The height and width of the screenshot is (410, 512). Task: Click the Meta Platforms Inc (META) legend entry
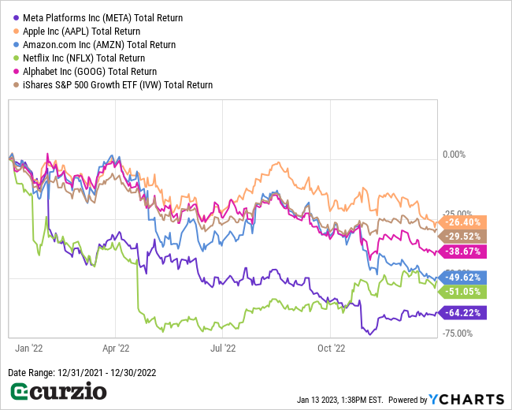click(98, 17)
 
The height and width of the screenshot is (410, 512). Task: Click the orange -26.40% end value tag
click(463, 222)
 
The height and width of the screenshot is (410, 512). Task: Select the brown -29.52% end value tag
click(463, 236)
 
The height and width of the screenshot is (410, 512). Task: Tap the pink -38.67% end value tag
click(463, 252)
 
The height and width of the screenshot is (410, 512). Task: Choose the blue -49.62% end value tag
click(463, 278)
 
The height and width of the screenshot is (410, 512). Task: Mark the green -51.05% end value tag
click(463, 291)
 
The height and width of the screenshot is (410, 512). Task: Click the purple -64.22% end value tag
click(463, 313)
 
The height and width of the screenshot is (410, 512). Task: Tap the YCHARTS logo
click(466, 398)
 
